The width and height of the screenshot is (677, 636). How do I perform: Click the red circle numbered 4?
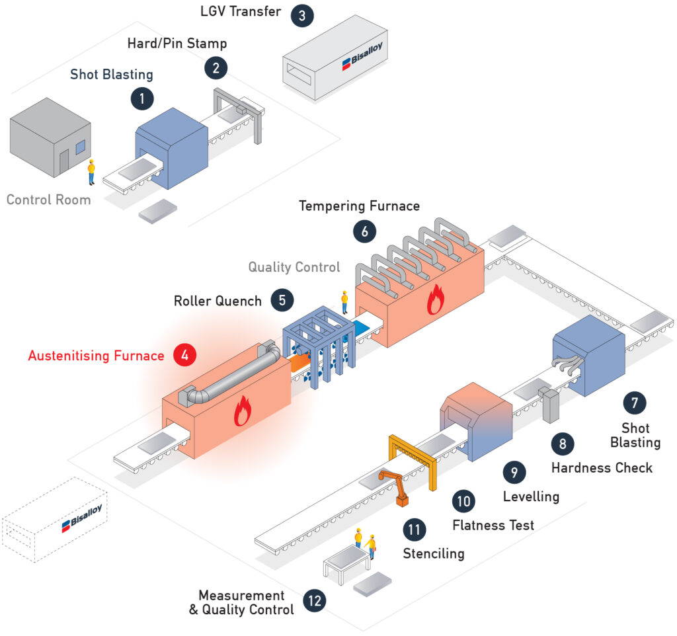pyautogui.click(x=185, y=355)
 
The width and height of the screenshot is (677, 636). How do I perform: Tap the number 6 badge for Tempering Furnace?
pyautogui.click(x=365, y=231)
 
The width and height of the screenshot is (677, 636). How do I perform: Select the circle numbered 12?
pyautogui.click(x=315, y=600)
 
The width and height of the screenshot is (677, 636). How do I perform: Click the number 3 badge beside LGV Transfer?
pyautogui.click(x=301, y=16)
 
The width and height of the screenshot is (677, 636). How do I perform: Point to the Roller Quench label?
pyautogui.click(x=218, y=301)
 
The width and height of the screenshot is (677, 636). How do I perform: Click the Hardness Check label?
pyautogui.click(x=602, y=467)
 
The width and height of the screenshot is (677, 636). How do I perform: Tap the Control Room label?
pyautogui.click(x=49, y=200)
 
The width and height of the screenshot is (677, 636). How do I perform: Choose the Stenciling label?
pyautogui.click(x=434, y=553)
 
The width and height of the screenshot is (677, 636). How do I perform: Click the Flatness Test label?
pyautogui.click(x=493, y=525)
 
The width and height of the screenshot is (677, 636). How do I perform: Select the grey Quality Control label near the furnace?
pyautogui.click(x=294, y=267)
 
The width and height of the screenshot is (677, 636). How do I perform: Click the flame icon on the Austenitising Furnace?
pyautogui.click(x=243, y=411)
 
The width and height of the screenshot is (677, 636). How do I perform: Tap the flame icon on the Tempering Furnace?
pyautogui.click(x=436, y=299)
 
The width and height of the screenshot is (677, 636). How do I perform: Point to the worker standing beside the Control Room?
pyautogui.click(x=91, y=173)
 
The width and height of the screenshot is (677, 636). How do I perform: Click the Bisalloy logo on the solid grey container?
pyautogui.click(x=362, y=56)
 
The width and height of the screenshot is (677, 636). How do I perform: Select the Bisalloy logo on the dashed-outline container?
pyautogui.click(x=82, y=517)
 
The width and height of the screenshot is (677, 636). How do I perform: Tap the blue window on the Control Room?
pyautogui.click(x=81, y=147)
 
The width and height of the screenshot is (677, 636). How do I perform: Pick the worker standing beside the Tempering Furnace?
pyautogui.click(x=344, y=302)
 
